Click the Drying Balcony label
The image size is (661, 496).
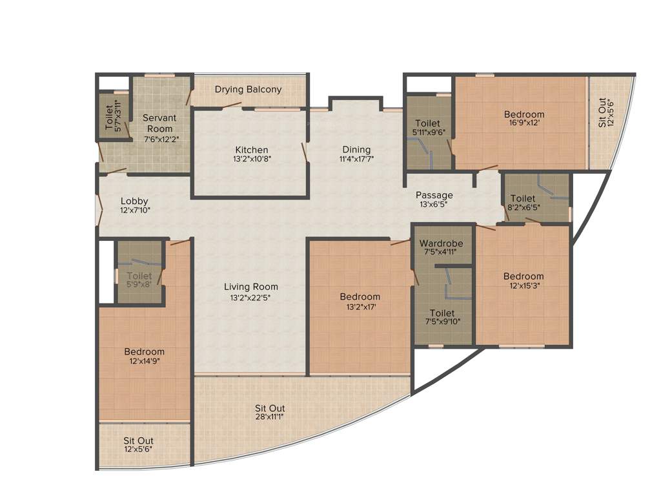coord(248,89)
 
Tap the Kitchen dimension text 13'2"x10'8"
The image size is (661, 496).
coord(251,159)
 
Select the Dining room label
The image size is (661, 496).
coord(357,150)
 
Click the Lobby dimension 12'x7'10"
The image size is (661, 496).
coord(134,211)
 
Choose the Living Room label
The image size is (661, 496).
coord(251,287)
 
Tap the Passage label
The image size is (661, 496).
coord(434,195)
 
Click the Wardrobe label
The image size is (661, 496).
coord(441,243)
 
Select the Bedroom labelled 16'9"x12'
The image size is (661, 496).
coord(524,114)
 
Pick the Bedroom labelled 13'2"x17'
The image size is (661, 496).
coord(360,297)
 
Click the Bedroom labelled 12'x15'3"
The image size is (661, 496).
coord(524,276)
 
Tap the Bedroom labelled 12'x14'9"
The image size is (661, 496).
coord(144,352)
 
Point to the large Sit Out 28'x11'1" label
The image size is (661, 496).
coord(270,408)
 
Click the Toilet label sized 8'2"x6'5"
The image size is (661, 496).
coord(522,198)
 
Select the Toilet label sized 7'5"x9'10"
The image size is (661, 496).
coord(442,313)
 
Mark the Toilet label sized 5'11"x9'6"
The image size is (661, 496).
coord(427,123)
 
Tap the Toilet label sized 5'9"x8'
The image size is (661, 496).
coord(139,276)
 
